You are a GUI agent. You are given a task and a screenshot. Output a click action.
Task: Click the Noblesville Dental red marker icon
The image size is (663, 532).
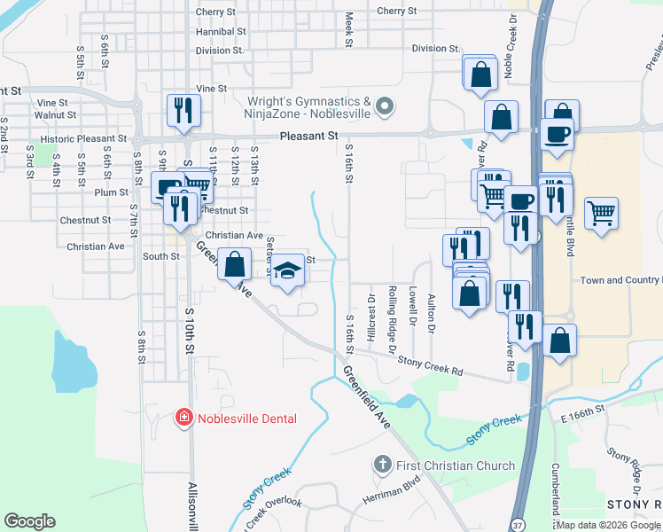coord(183,417)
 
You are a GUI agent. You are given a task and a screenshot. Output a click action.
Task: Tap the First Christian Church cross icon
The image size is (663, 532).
coord(382,465)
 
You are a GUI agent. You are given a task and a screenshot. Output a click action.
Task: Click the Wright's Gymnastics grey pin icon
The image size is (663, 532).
coord(384,107)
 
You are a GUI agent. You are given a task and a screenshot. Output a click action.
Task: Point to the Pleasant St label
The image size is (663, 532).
coord(308,137)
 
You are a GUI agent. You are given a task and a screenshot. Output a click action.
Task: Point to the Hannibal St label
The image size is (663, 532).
coord(221,31)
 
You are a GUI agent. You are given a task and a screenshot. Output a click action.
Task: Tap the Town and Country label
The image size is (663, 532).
coord(620,280)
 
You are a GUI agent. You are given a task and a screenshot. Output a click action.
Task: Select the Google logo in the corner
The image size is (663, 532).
coord(29,521)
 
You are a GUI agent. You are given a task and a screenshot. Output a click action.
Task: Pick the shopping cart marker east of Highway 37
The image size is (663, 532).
coord(602,213)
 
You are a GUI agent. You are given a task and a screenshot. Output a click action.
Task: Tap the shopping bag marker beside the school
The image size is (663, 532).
coord(234,264)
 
